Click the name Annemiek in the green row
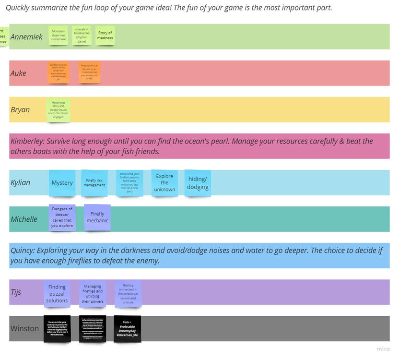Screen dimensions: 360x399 [26, 37]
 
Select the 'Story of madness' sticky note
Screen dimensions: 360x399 [105, 36]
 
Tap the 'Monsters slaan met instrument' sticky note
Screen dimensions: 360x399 [58, 36]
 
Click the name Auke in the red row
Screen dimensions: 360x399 [18, 73]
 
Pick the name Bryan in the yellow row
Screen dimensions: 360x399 [20, 110]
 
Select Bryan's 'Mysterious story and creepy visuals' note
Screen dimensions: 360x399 [58, 110]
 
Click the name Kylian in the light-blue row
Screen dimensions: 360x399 [20, 183]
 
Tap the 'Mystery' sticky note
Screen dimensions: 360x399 [62, 183]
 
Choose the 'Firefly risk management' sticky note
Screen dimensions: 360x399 [94, 183]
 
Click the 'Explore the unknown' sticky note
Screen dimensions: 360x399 [164, 182]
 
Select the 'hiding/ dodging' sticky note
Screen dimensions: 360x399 [198, 183]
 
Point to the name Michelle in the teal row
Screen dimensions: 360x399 [24, 219]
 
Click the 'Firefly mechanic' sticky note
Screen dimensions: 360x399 [97, 217]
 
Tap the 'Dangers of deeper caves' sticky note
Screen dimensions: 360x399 [62, 217]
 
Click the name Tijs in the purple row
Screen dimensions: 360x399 [16, 292]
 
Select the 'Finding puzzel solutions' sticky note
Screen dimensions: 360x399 [57, 293]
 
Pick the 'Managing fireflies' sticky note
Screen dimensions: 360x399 [93, 293]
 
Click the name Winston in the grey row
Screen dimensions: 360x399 [24, 329]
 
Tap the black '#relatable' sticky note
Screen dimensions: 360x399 [127, 329]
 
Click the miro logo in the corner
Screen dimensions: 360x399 [383, 349]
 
